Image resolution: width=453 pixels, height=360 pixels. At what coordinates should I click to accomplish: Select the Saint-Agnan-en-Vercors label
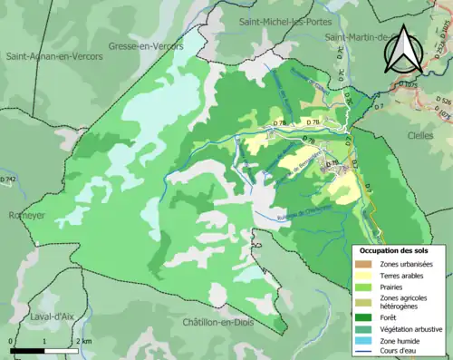coord(54,56)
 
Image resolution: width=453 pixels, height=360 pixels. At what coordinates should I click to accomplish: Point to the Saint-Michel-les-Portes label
coord(283,20)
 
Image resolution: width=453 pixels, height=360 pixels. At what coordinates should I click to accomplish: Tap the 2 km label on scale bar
coord(82,341)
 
